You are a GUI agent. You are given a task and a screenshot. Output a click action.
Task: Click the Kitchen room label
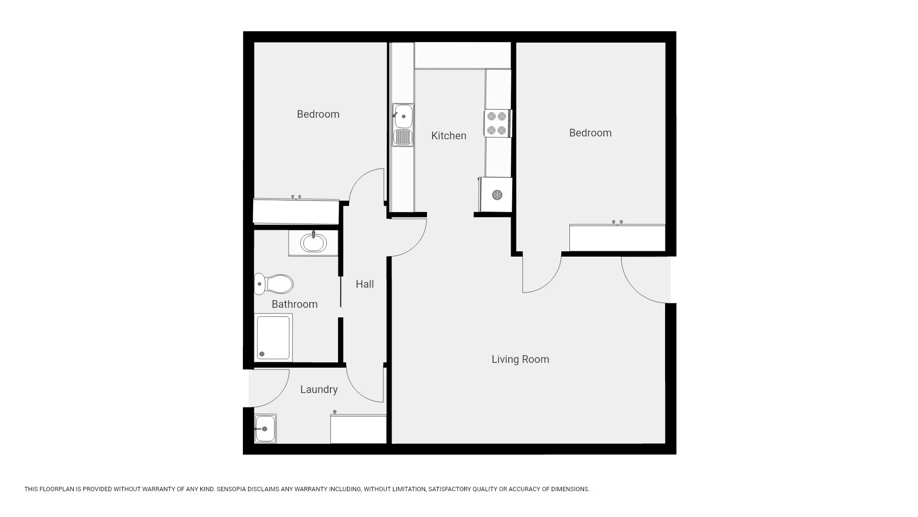click(x=448, y=136)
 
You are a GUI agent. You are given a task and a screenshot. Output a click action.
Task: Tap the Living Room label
click(x=520, y=360)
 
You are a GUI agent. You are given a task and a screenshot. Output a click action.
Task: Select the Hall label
click(x=365, y=284)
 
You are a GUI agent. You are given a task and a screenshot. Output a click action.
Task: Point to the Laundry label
click(x=319, y=390)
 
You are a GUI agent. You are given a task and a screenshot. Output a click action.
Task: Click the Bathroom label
click(x=295, y=304)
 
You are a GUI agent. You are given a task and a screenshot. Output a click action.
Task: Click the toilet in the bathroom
click(x=273, y=284)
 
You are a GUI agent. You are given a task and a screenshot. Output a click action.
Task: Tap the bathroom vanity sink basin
click(x=314, y=243)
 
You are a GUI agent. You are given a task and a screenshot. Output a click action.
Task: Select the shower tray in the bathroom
click(x=273, y=338)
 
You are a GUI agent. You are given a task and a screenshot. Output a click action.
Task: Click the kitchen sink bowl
click(x=403, y=116)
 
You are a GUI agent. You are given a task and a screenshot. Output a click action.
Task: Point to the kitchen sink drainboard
click(x=403, y=137)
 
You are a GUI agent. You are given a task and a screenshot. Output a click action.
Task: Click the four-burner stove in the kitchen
click(x=497, y=124)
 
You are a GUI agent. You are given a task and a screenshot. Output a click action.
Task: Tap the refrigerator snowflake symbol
click(x=497, y=195)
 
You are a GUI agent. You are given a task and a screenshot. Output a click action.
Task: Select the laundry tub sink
click(x=265, y=428)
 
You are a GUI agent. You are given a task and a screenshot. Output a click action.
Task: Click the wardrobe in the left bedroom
click(x=296, y=211)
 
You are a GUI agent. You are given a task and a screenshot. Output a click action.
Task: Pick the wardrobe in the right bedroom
click(x=617, y=237)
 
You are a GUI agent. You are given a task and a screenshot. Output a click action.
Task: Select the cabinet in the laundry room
click(x=358, y=429)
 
